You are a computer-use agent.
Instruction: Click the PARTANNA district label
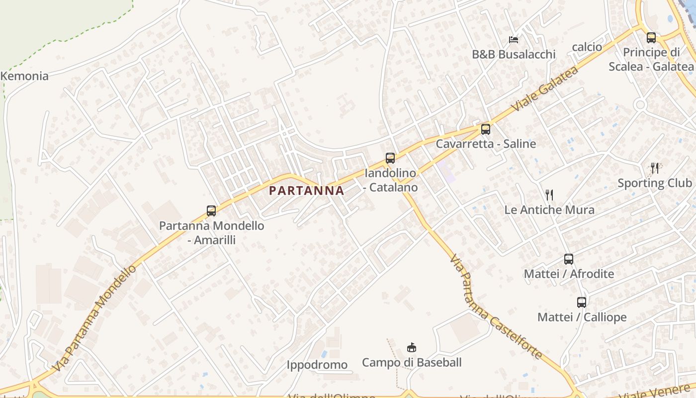(x=306, y=191)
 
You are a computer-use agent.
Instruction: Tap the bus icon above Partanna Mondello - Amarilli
(x=211, y=210)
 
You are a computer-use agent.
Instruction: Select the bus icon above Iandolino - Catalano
(x=390, y=158)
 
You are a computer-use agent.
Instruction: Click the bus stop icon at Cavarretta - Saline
(x=486, y=129)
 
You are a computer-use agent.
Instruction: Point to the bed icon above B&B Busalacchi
(x=514, y=39)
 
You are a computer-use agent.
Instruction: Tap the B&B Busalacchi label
(x=514, y=54)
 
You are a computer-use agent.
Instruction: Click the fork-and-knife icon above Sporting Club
(x=655, y=168)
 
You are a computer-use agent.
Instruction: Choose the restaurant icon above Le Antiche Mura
(x=549, y=195)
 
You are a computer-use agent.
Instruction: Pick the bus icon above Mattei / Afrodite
(x=569, y=259)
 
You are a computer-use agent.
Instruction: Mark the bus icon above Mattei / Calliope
(x=582, y=302)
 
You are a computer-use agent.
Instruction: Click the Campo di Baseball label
(x=412, y=363)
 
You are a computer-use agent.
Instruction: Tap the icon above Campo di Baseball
(x=411, y=347)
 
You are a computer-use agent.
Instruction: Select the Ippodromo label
(x=317, y=365)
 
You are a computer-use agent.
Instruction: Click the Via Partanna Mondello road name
(x=94, y=318)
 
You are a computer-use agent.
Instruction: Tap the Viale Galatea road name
(x=545, y=89)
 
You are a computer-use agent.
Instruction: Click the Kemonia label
(x=25, y=76)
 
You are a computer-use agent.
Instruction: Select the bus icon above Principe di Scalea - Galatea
(x=651, y=37)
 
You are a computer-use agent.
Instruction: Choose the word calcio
(x=587, y=47)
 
